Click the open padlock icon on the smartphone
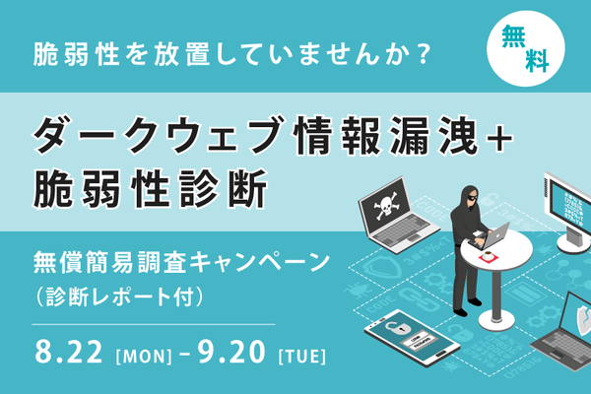point(395,328)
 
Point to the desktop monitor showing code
point(568,206)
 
